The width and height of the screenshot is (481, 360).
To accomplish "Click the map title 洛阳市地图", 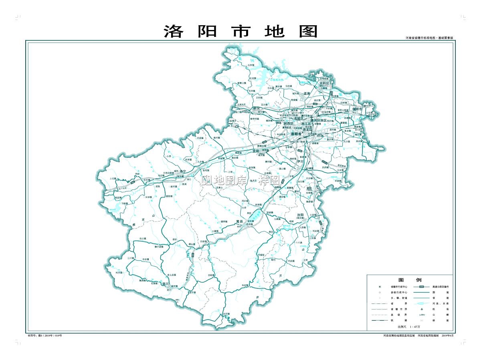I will [x=240, y=31].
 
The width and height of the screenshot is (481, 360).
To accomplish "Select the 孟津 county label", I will [x=307, y=93].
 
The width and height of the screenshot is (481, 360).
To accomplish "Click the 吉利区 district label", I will [x=324, y=83].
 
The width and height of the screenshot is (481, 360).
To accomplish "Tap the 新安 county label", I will [x=257, y=108].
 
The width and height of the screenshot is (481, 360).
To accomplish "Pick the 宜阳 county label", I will [x=257, y=151].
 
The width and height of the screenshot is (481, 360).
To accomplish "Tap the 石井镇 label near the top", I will [x=251, y=64].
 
